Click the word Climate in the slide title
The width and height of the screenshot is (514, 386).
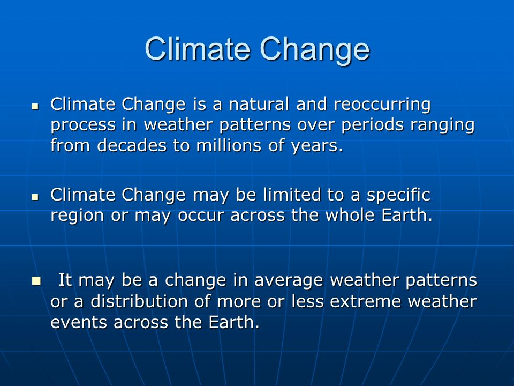(198, 49)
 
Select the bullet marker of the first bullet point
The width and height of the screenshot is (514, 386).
(35, 106)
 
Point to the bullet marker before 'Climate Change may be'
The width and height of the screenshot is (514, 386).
(35, 197)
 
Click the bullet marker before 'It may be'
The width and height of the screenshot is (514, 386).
(36, 280)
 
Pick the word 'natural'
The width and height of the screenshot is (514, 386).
(259, 105)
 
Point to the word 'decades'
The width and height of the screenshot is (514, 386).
(132, 145)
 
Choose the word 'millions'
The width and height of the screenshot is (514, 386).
(229, 145)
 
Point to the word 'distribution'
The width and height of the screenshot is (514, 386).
(139, 301)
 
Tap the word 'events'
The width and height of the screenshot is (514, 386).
(79, 323)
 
